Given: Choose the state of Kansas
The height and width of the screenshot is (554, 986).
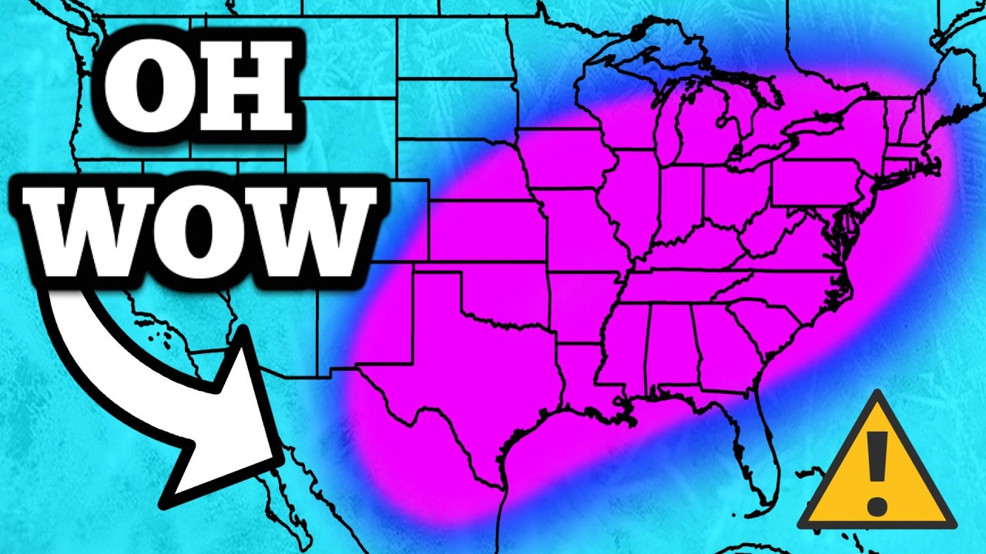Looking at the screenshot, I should [485, 231].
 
